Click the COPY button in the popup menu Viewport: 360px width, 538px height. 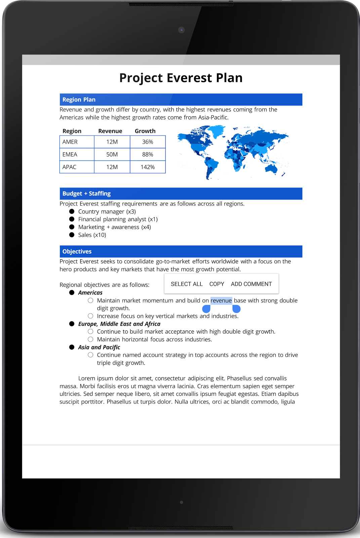tap(216, 284)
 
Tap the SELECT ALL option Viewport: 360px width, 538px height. tap(187, 284)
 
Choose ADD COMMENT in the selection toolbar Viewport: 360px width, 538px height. tap(251, 284)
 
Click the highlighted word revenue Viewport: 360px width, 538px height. tap(221, 301)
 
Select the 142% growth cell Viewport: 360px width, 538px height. tap(148, 167)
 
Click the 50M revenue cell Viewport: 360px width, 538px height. tap(112, 155)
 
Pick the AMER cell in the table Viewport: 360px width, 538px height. tap(70, 142)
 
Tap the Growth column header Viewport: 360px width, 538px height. tap(145, 131)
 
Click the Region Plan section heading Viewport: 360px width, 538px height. tap(79, 100)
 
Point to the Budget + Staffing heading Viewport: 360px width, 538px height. tap(86, 194)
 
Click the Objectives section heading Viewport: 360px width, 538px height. tap(77, 252)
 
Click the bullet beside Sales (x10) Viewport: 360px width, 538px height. tap(72, 235)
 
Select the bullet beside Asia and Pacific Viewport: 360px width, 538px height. tap(72, 347)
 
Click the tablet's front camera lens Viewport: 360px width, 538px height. tap(182, 30)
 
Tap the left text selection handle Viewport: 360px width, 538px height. tap(206, 309)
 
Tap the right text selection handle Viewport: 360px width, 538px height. tap(237, 309)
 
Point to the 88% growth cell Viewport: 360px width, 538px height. tap(148, 155)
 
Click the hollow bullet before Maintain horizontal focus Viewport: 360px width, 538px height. tap(90, 340)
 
